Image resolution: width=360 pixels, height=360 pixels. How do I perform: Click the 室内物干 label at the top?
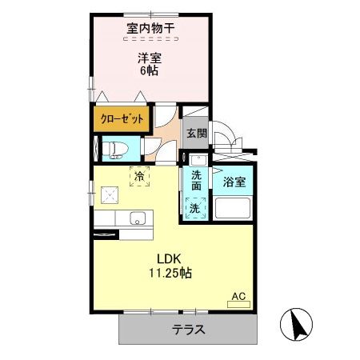click(150, 28)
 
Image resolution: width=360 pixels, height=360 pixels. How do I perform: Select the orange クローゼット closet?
click(122, 118)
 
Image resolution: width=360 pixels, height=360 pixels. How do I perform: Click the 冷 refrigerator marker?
click(139, 175)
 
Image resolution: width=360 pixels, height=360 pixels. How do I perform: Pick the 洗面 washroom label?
click(197, 180)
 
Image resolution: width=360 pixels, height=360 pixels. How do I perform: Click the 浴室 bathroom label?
click(234, 182)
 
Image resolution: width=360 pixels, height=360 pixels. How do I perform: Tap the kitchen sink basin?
click(138, 218)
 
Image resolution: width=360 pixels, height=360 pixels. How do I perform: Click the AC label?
click(238, 296)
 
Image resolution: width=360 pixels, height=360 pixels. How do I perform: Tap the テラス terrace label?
click(190, 329)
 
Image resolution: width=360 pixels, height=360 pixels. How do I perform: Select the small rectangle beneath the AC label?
click(239, 305)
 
